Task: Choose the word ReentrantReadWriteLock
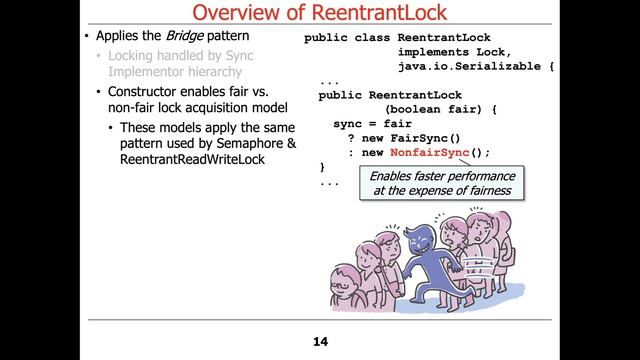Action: coord(192,160)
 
